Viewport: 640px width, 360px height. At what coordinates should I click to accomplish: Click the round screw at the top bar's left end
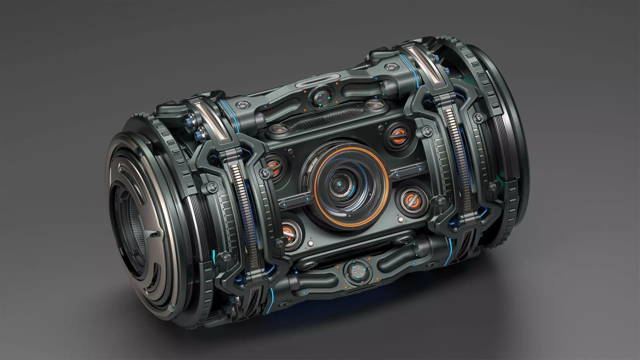coord(243,105)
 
